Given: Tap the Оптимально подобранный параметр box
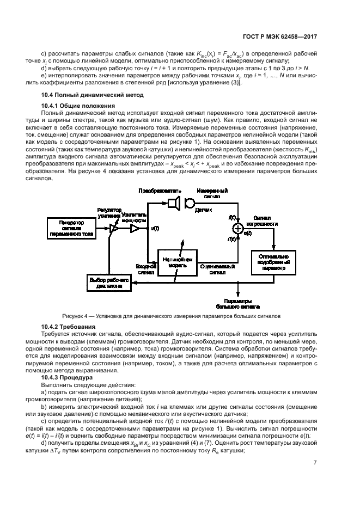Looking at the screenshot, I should tap(273, 262).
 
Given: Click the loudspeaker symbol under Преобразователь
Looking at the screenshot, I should tap(174, 203).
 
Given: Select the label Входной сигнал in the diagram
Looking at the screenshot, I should tap(145, 269).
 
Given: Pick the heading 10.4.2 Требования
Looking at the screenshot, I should tap(68, 326).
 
